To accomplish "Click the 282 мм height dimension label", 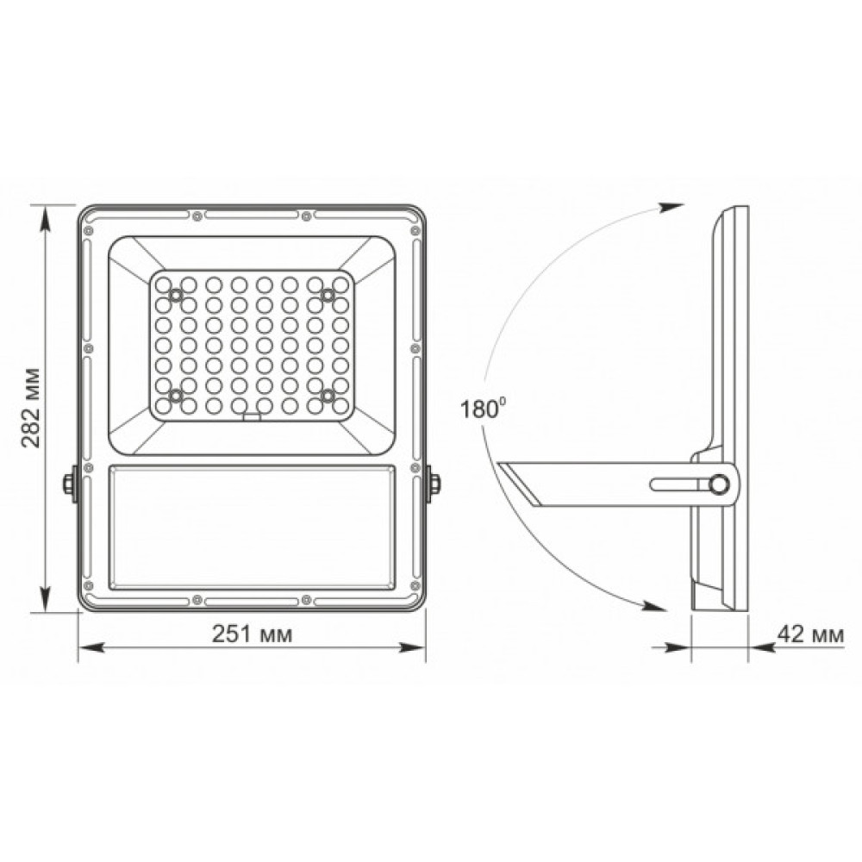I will pos(30,408).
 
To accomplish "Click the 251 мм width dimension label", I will pos(252,634).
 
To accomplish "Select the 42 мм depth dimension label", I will pos(809,634).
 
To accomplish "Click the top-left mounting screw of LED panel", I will pos(176,296).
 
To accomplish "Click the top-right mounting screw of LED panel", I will pos(328,296).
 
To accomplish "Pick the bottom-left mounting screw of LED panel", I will pos(176,395).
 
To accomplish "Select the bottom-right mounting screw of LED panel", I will pos(328,395).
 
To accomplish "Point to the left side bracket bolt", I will pos(68,484).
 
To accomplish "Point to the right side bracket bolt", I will pos(435,484).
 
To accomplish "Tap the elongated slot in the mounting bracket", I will pos(678,485).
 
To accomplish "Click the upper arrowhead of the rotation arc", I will pos(671,207).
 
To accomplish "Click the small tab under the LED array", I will pos(252,417).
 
